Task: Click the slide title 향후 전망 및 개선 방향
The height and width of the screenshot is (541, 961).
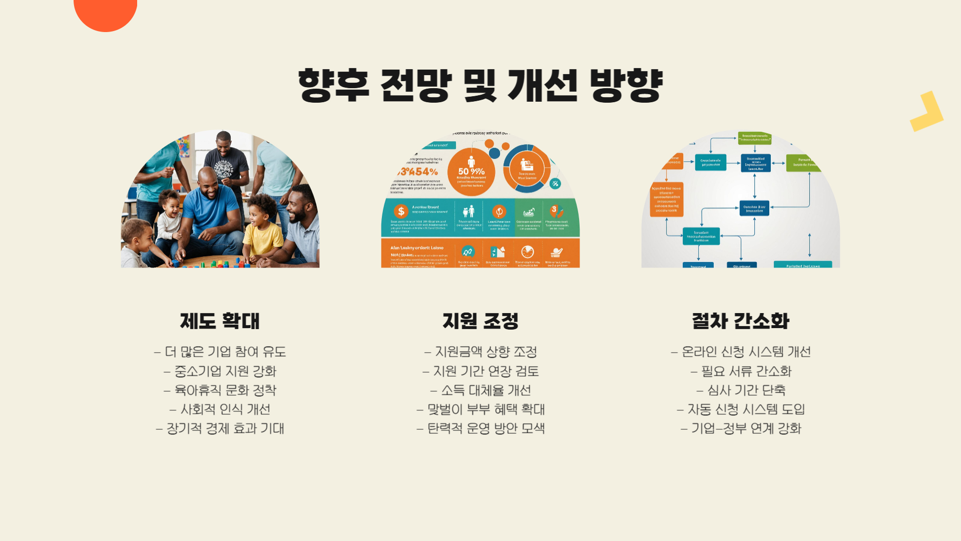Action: click(x=480, y=86)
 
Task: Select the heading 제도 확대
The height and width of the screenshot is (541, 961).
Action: click(x=220, y=321)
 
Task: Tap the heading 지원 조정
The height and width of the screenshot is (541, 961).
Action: click(x=480, y=321)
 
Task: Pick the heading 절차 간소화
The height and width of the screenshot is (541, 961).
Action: click(x=740, y=321)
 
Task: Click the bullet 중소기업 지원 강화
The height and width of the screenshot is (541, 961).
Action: click(x=220, y=371)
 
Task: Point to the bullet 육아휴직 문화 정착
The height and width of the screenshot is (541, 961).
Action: click(x=220, y=390)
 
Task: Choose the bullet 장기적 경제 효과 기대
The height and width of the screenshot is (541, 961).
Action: click(x=220, y=428)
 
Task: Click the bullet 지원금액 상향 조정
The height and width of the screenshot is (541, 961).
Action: click(x=480, y=352)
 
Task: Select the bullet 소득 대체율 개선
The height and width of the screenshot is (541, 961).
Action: click(x=480, y=390)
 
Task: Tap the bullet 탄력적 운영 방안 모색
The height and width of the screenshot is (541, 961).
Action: click(x=480, y=428)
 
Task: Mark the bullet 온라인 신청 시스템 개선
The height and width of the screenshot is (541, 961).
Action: click(x=741, y=352)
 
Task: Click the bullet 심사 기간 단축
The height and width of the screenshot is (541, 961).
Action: click(x=741, y=390)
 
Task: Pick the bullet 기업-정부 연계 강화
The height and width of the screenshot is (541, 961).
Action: click(x=741, y=428)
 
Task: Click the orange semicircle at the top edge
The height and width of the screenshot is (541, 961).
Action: click(x=105, y=13)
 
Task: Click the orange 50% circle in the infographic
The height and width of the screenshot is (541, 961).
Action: click(x=470, y=172)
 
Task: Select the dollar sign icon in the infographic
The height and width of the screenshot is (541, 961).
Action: click(x=401, y=211)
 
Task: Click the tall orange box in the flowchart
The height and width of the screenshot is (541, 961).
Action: click(x=666, y=199)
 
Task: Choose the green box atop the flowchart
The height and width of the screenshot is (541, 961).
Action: click(x=754, y=138)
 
